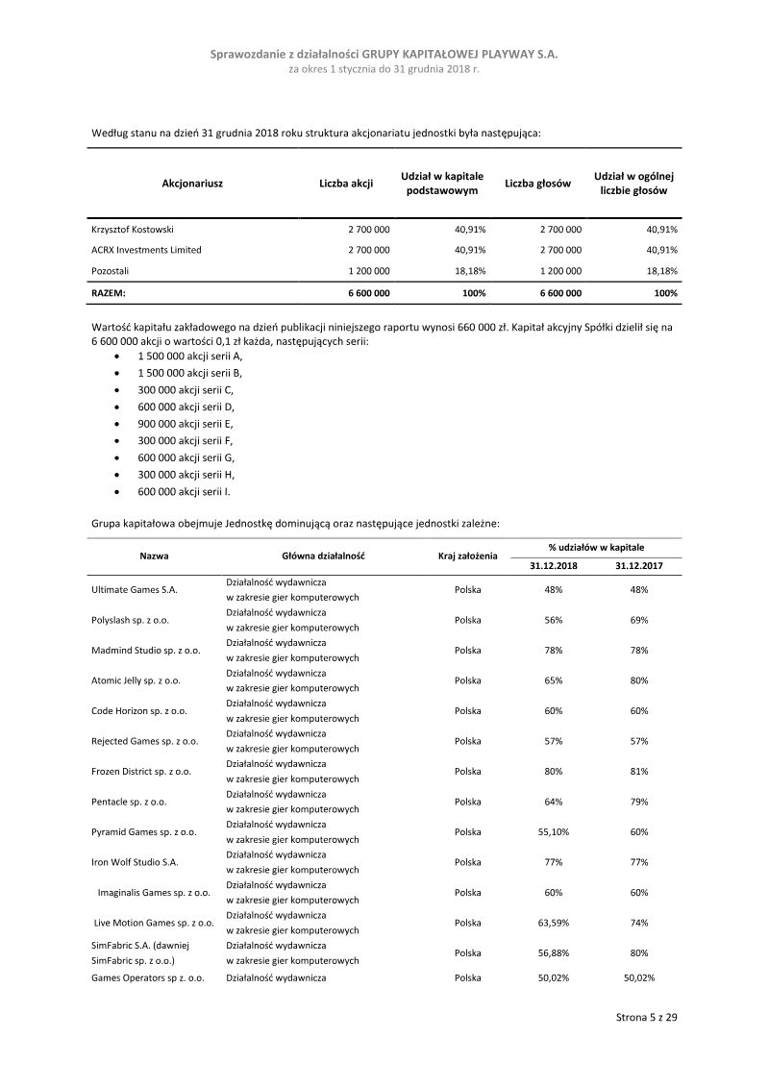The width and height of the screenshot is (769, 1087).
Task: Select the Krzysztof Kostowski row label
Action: click(133, 230)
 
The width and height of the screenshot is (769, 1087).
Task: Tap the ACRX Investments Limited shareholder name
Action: click(146, 250)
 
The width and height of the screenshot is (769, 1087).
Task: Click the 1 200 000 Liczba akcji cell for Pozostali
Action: click(368, 271)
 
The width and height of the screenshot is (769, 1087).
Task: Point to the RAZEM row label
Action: click(109, 292)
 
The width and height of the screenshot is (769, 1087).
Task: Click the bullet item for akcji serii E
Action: click(186, 423)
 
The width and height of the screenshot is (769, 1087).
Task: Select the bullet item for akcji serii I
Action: click(185, 492)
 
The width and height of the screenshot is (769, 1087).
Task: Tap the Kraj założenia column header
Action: click(467, 556)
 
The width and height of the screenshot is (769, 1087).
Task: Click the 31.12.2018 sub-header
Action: click(554, 566)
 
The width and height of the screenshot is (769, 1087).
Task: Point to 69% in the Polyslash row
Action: click(639, 621)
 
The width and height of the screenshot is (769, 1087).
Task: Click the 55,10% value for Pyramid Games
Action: click(554, 832)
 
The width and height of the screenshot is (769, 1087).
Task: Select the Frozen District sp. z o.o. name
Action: click(141, 772)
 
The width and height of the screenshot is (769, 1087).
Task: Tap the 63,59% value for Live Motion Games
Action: click(554, 923)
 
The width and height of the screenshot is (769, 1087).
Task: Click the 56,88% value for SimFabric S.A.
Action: click(554, 952)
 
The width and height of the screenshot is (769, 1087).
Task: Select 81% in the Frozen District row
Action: click(639, 772)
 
